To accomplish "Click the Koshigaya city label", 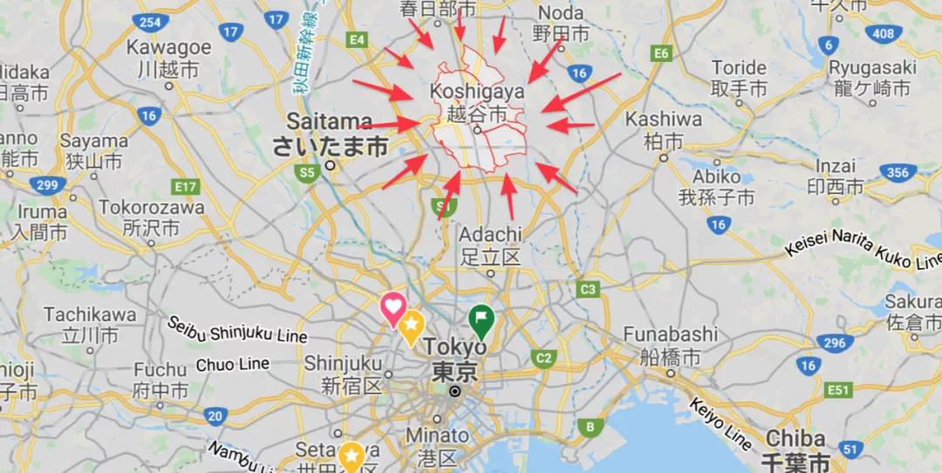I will (476, 92).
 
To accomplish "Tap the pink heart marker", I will (392, 307).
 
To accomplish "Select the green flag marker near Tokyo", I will (480, 319).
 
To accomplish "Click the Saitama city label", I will (329, 121).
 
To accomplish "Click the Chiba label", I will (795, 438).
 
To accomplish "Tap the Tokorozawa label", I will (152, 208).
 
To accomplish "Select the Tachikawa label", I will (90, 314).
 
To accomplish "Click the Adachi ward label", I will (489, 235).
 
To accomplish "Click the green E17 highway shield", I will (186, 187).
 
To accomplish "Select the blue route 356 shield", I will (898, 173).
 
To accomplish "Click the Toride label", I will (739, 68).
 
